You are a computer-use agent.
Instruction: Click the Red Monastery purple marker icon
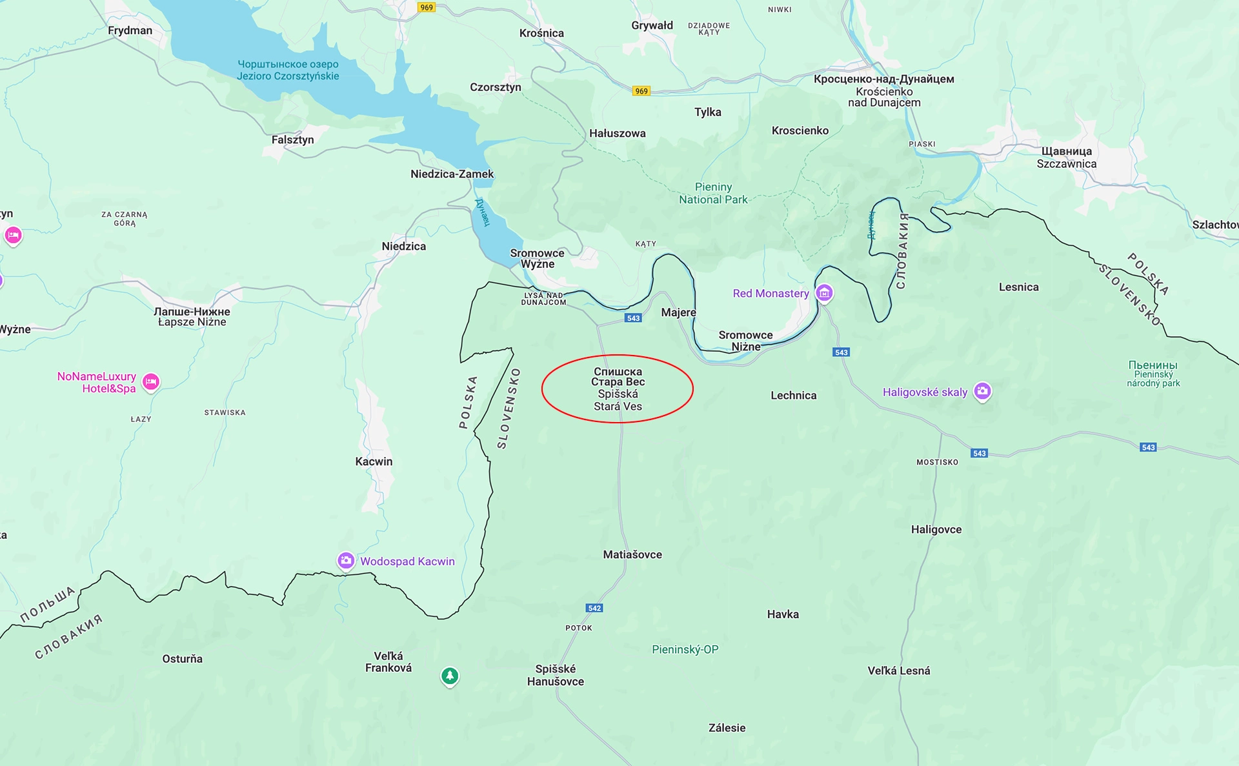[x=824, y=292]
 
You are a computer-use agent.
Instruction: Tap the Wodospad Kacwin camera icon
[x=346, y=560]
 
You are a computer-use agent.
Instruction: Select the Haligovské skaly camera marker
[x=982, y=390]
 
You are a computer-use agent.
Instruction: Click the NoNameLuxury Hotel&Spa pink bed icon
[x=150, y=381]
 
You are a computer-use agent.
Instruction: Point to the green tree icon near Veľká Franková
[x=450, y=676]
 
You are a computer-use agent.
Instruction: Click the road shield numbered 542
[x=594, y=608]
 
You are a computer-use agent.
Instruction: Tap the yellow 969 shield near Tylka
[x=641, y=91]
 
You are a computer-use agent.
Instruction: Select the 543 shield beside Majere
[x=633, y=318]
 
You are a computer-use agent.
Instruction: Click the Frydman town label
[x=130, y=30]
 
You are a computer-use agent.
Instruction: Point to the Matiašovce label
[x=632, y=554]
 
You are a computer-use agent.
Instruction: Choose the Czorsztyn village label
[x=495, y=87]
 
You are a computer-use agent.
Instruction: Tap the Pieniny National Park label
[x=713, y=193]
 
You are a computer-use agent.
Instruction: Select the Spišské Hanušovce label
[x=555, y=675]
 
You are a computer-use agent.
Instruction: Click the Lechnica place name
[x=793, y=396]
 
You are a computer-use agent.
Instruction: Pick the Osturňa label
[x=182, y=659]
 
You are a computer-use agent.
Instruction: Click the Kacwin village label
[x=374, y=461]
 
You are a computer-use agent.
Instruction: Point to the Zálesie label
[x=727, y=728]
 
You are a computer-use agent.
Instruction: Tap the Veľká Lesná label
[x=898, y=670]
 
